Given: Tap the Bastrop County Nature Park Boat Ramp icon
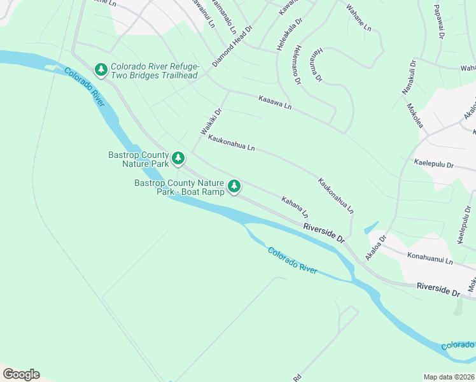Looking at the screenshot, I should pyautogui.click(x=235, y=186).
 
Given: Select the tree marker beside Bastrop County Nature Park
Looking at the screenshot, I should pyautogui.click(x=179, y=158).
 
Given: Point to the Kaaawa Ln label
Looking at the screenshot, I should pyautogui.click(x=274, y=101).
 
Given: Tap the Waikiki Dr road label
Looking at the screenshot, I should pyautogui.click(x=211, y=120).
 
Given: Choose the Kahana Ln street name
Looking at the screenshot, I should pyautogui.click(x=295, y=206).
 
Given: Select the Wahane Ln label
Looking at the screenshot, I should pyautogui.click(x=358, y=18).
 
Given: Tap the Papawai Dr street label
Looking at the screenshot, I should pyautogui.click(x=438, y=22).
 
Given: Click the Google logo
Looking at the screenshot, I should pyautogui.click(x=21, y=374).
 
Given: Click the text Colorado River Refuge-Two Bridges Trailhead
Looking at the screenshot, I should pyautogui.click(x=154, y=71).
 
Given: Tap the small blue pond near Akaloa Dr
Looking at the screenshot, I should pyautogui.click(x=370, y=227).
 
